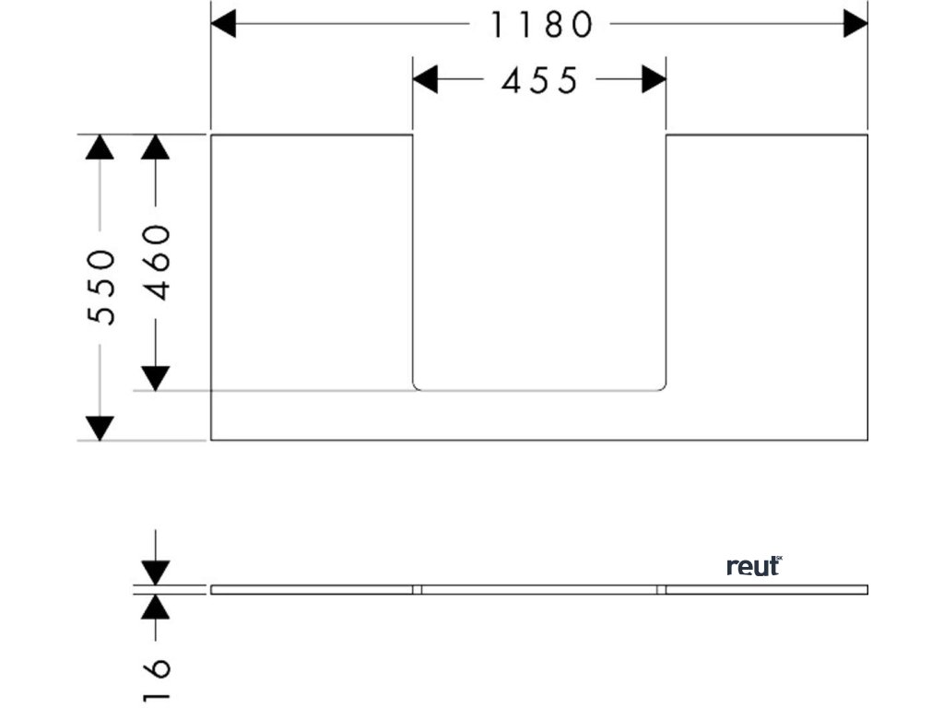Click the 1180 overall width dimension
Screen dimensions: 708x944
(x=540, y=26)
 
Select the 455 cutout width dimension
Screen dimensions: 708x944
(x=539, y=81)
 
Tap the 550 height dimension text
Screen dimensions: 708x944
(x=101, y=286)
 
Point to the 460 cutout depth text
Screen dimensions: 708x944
(x=158, y=261)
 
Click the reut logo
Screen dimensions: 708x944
(x=754, y=566)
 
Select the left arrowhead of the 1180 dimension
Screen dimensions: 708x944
(x=224, y=25)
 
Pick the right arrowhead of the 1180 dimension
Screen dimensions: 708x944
(x=855, y=25)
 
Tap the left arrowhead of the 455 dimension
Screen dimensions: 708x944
(x=425, y=80)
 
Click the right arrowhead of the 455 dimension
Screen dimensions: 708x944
(x=654, y=80)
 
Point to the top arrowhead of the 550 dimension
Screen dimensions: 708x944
(x=100, y=147)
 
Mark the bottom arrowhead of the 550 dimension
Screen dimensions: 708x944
(x=100, y=428)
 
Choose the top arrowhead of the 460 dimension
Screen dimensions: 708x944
(x=156, y=147)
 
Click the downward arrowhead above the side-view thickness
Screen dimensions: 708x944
(x=156, y=572)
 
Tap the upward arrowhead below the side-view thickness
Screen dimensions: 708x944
(x=156, y=606)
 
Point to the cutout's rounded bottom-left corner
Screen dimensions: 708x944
(x=416, y=386)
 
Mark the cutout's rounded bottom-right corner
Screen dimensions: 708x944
(x=662, y=386)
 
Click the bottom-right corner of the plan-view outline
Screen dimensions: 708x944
(x=867, y=440)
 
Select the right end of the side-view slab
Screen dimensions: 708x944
(x=867, y=589)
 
